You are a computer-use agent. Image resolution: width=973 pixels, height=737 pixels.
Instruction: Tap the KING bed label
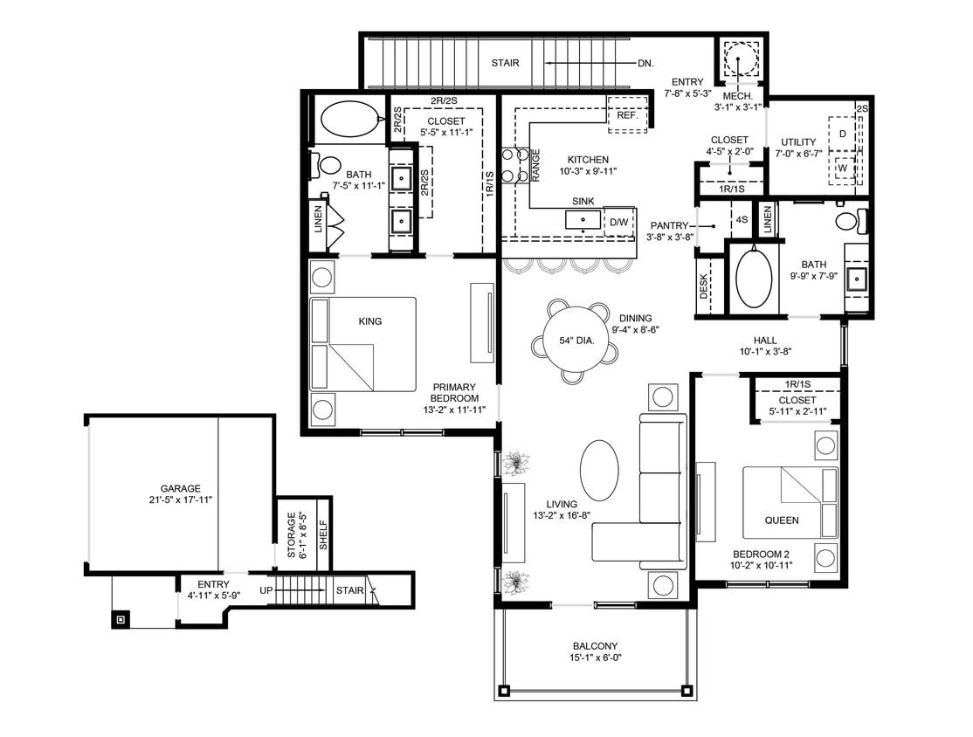(370, 321)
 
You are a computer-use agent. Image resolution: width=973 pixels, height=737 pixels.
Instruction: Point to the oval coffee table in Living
(599, 470)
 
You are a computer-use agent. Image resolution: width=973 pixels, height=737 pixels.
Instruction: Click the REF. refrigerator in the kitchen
(627, 114)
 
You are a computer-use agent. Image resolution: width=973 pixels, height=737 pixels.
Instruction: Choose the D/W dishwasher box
(619, 223)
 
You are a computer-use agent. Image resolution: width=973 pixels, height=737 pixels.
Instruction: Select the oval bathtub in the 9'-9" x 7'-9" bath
(753, 279)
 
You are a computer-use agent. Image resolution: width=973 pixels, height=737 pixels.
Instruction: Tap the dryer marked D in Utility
(842, 134)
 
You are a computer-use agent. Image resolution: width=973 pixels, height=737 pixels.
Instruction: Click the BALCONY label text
(597, 647)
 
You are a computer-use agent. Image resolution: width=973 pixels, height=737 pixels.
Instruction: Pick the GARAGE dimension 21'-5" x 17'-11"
(181, 499)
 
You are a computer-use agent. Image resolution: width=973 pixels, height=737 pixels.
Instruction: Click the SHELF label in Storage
(322, 534)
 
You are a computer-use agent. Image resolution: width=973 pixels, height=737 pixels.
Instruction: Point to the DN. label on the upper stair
(646, 63)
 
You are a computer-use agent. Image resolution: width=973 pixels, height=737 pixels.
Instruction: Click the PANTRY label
(669, 225)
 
